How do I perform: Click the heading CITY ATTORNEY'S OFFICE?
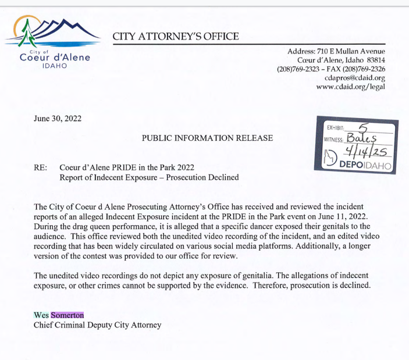pyautogui.click(x=176, y=37)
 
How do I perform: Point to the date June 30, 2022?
pyautogui.click(x=58, y=119)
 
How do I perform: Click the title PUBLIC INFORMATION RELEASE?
pyautogui.click(x=207, y=138)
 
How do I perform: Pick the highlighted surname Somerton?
pyautogui.click(x=67, y=315)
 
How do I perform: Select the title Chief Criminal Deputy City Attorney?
pyautogui.click(x=97, y=325)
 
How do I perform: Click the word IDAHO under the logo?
pyautogui.click(x=55, y=65)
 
